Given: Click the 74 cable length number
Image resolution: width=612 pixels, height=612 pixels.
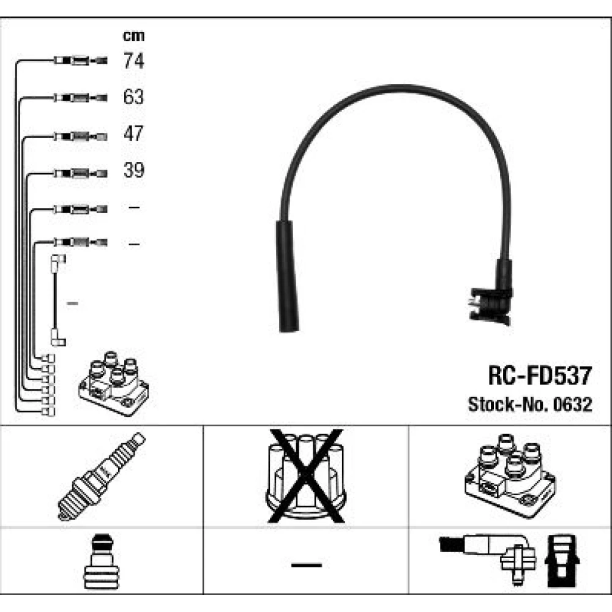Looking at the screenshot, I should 133,61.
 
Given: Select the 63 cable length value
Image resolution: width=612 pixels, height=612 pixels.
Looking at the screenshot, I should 133,97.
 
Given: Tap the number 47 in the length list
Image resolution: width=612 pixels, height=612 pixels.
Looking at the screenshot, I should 133,134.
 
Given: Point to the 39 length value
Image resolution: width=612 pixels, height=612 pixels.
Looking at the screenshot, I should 133,171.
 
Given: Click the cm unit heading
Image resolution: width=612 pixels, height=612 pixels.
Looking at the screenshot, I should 133,36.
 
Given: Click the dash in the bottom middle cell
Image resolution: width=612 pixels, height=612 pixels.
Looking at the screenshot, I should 305,564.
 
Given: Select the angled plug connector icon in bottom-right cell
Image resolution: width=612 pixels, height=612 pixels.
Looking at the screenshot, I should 490,554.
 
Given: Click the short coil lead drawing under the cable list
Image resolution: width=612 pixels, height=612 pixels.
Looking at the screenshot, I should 58,300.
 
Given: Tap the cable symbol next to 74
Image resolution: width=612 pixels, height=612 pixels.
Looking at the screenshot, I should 80,61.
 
